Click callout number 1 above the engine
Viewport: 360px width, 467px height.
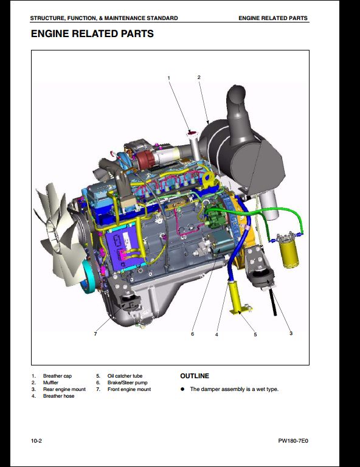(x=169, y=78)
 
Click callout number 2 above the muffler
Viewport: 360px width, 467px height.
(x=199, y=77)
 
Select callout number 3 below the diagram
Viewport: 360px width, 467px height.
(x=291, y=333)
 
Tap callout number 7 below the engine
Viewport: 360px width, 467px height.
(x=95, y=334)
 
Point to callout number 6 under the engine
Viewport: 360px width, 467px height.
(x=192, y=334)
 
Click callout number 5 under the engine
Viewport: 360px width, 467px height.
(x=255, y=334)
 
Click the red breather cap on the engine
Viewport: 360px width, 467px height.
(x=191, y=133)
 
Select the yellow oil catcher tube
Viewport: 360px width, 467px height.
(x=237, y=298)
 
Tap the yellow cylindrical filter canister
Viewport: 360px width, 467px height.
(x=288, y=251)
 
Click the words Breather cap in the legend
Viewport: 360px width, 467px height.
(x=57, y=376)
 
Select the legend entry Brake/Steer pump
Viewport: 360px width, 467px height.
(x=128, y=382)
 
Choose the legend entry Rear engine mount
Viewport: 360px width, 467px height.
(x=64, y=389)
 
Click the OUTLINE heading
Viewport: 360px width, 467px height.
(x=195, y=376)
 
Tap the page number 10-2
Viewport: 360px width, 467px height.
(x=36, y=441)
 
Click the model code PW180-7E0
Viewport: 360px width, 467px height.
(x=293, y=441)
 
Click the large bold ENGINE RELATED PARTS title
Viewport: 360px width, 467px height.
(x=92, y=33)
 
